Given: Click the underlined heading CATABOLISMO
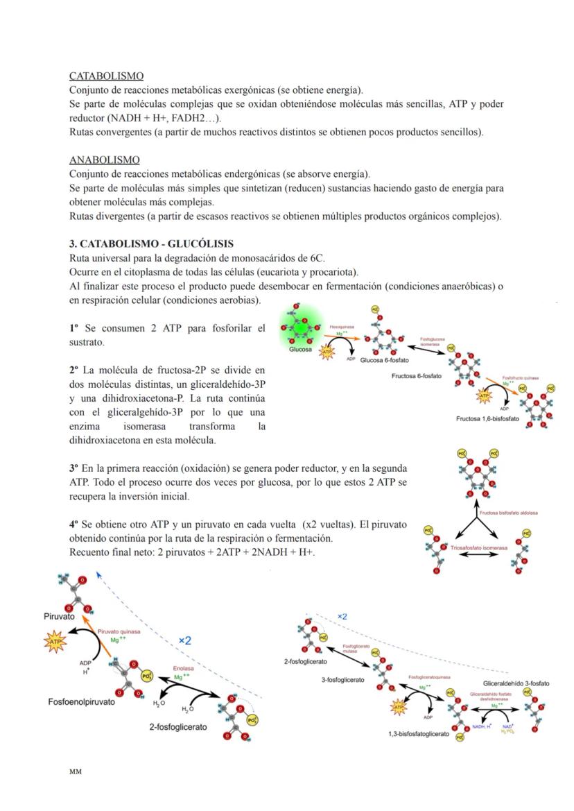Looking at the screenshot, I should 106,76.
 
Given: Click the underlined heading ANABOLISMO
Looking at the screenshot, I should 104,160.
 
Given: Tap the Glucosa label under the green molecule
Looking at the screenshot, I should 302,350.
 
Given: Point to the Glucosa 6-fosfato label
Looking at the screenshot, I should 385,360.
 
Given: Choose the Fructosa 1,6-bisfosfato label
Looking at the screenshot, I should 487,419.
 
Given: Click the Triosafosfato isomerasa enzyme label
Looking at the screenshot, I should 479,548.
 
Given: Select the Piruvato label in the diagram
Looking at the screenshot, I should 60,616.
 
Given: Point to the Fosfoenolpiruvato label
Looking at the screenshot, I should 82,701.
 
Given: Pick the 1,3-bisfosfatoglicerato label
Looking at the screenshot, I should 418,733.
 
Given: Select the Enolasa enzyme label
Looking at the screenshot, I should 183,669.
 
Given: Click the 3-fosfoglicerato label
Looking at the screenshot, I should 342,680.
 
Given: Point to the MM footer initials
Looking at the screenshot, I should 75,771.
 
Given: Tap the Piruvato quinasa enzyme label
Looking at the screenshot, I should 119,632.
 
